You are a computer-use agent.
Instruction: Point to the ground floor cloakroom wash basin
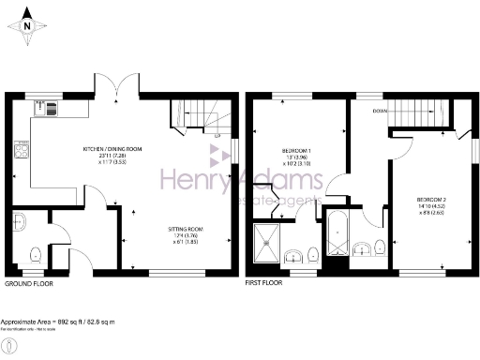[20, 223]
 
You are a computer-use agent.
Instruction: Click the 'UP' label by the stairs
[217, 137]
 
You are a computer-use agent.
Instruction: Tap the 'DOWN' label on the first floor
[381, 110]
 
